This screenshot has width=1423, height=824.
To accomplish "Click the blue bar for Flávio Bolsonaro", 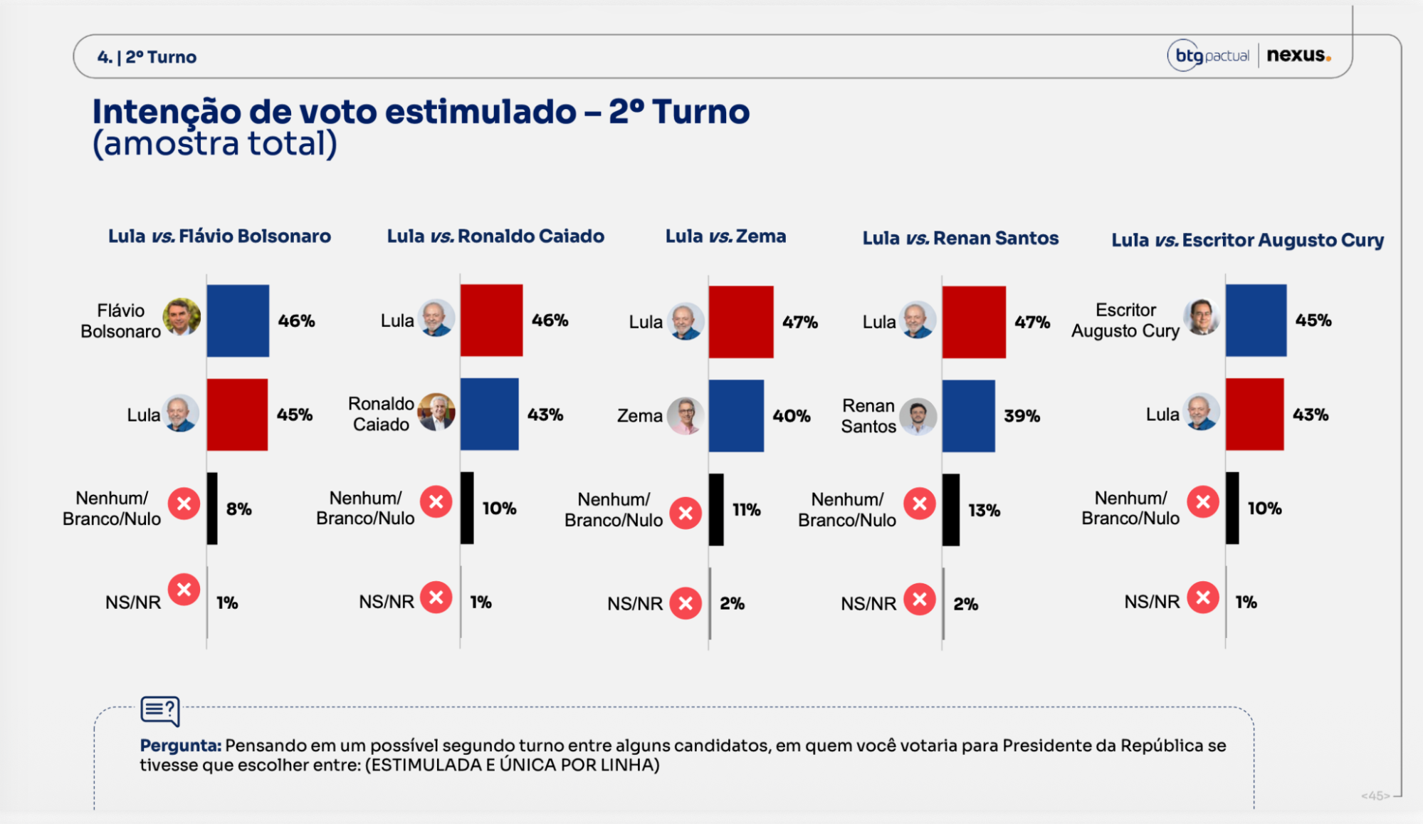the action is coord(238,320).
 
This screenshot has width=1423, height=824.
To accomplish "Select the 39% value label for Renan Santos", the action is coord(1022,416).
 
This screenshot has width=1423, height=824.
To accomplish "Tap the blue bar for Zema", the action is coord(736,416).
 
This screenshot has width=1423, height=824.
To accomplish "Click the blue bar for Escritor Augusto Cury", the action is coord(1256,320).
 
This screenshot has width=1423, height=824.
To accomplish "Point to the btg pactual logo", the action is coord(1209,56).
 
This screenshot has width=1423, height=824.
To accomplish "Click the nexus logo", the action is coord(1298,55).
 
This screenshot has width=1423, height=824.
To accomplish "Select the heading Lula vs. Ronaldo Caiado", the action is coord(495,236).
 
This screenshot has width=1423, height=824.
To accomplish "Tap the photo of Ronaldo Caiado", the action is coord(436,412).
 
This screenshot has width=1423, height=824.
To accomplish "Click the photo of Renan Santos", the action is coord(918,417).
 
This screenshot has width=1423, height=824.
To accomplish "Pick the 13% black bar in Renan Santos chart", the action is coord(950,510).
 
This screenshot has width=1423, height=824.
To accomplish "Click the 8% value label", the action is coord(239,509).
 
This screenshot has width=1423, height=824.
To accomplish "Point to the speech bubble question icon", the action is coord(160,711).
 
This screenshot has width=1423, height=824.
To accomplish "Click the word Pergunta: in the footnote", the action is coord(181,746).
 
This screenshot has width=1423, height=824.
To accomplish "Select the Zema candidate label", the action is coord(640,416).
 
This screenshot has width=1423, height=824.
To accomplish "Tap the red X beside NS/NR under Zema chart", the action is coord(686,603).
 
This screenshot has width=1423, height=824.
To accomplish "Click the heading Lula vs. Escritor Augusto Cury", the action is coord(1248,241).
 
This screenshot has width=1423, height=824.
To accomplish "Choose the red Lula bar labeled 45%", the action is coord(237,414).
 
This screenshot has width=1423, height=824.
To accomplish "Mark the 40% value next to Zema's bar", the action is coord(792,416).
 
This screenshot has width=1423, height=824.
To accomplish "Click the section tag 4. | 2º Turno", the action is coord(147,57).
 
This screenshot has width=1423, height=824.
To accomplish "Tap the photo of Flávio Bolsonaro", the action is coord(182,317).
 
